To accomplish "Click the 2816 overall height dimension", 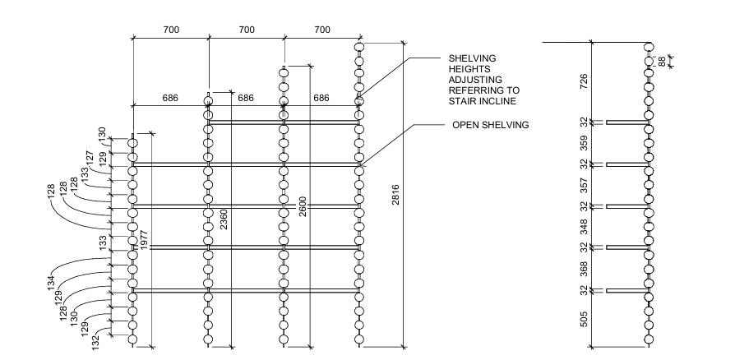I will point(398,197).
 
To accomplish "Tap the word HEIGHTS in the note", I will point(467,69).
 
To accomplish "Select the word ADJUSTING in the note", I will point(474,80).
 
